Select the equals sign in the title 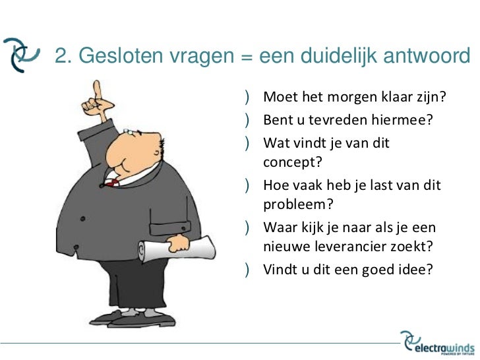pos(247,59)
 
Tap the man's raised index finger pos(98,89)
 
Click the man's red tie pos(113,181)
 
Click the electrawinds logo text pos(446,345)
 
